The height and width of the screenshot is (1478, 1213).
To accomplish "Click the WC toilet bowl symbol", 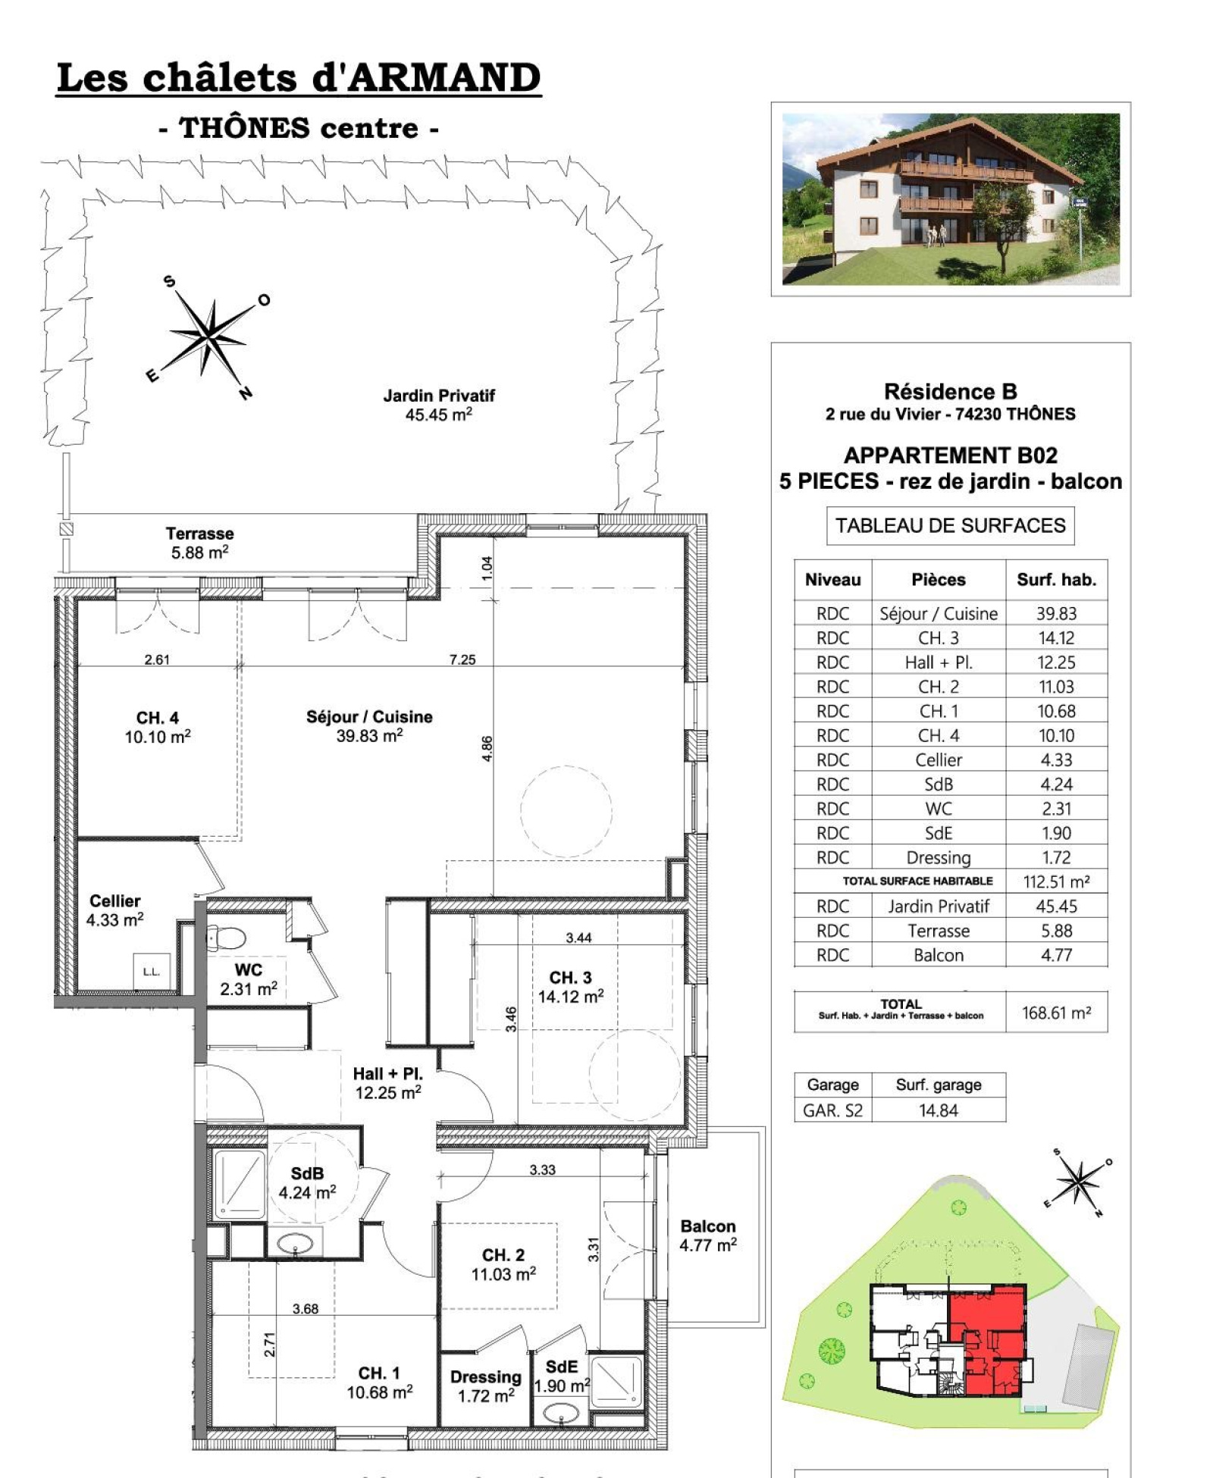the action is pos(226,938).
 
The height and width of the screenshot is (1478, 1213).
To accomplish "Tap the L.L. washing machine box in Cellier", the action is pos(152,971).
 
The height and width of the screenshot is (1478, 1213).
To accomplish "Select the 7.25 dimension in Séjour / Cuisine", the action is pos(462,659).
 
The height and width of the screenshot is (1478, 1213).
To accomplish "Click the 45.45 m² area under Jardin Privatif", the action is pos(438,414).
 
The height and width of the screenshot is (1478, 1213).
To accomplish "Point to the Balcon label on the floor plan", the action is pos(708,1226).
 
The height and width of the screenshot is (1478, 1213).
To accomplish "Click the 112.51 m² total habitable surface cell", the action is pos(1056,881).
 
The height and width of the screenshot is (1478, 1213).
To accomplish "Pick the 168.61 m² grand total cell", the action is pos(1056,1013).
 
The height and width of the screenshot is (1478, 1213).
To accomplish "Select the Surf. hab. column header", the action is pos(1056,580).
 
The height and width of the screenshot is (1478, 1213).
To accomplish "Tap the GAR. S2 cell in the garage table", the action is pos(832,1110).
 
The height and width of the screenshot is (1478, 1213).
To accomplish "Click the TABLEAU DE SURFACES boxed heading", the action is pos(950,525).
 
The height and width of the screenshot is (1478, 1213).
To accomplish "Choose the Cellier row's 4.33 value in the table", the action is pos(1056,759).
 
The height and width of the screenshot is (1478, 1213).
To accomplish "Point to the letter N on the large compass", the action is pos(245,393).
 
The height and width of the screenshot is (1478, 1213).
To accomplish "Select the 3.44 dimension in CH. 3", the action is pos(578,938).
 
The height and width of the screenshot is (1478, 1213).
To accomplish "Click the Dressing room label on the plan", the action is pos(485,1376).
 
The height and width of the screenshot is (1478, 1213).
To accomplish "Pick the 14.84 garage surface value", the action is pos(939,1110).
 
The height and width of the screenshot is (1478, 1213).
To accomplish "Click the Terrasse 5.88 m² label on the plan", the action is pos(199,543).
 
